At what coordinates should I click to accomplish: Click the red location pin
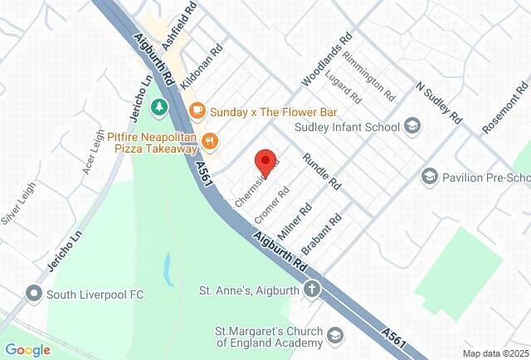[265, 160]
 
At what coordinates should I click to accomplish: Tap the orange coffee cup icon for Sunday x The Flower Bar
[197, 110]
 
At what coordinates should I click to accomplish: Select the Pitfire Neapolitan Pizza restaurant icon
[211, 142]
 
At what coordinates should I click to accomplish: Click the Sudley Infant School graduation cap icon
[412, 127]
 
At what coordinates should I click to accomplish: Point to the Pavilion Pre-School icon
[429, 177]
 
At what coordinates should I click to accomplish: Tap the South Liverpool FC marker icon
[34, 293]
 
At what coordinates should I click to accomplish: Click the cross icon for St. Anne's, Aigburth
[311, 290]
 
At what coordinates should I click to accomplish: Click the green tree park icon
[158, 108]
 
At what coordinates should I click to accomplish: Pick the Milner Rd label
[300, 221]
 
